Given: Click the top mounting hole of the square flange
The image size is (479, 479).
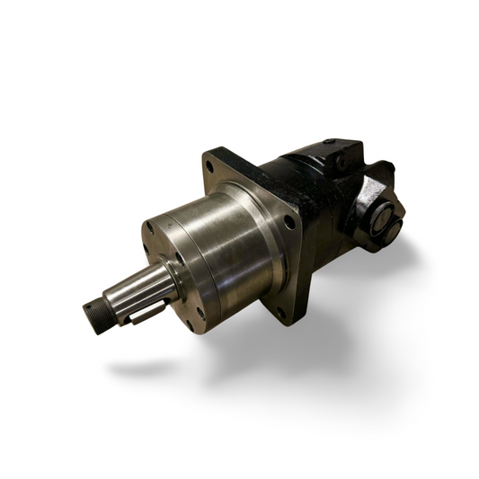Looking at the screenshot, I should [210, 166].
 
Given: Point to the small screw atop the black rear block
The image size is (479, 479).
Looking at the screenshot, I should [329, 142].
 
